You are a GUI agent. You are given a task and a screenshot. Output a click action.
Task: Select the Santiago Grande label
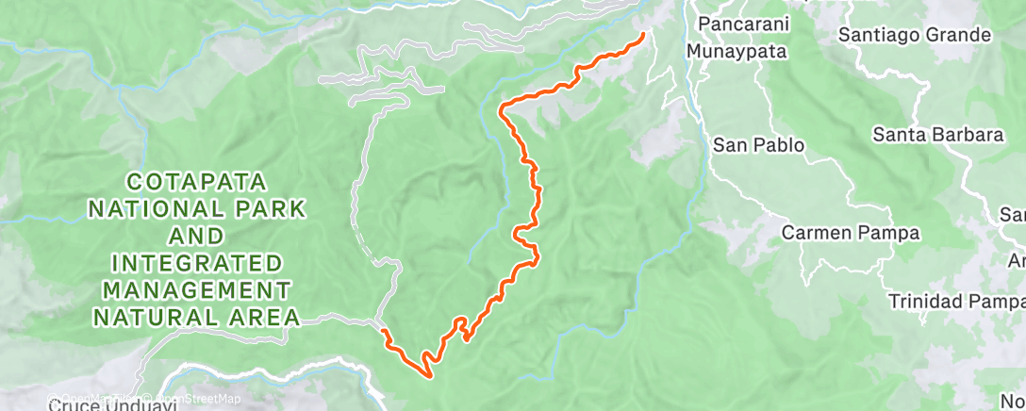tap(915, 36)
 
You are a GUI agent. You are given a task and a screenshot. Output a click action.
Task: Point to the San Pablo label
tap(758, 145)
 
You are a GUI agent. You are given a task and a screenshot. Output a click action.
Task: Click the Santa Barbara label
tap(936, 135)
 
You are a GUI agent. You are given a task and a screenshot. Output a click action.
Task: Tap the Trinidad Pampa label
tap(955, 302)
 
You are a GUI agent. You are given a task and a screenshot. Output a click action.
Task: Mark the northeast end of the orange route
tap(644, 36)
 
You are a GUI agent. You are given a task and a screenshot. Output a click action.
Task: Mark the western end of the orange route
tap(383, 331)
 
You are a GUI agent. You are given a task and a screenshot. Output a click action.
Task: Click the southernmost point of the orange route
tap(430, 377)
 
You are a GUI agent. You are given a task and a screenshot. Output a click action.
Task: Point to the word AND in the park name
tap(198, 235)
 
